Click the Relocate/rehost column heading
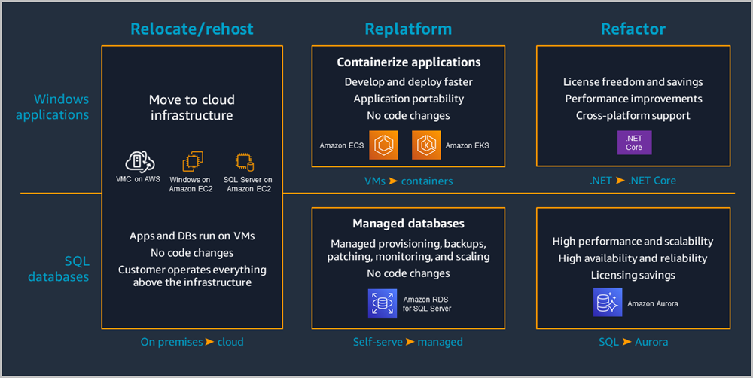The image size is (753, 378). pyautogui.click(x=192, y=29)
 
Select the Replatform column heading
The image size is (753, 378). pyautogui.click(x=408, y=29)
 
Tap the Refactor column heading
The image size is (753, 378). pyautogui.click(x=633, y=29)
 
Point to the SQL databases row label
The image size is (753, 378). pyautogui.click(x=58, y=269)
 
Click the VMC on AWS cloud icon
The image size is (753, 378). pyautogui.click(x=140, y=161)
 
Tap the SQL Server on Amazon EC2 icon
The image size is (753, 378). pyautogui.click(x=245, y=161)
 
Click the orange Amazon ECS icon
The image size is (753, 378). pyautogui.click(x=383, y=145)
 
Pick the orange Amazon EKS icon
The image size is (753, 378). pyautogui.click(x=426, y=145)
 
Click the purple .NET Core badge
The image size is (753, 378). pyautogui.click(x=633, y=142)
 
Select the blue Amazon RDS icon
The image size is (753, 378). pyautogui.click(x=383, y=303)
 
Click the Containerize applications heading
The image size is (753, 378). pyautogui.click(x=408, y=62)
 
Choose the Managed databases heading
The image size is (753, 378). pyautogui.click(x=408, y=224)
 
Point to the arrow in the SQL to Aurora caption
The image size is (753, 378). pyautogui.click(x=626, y=342)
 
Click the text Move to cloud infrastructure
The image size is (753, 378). pyautogui.click(x=192, y=108)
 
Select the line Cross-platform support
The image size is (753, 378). pyautogui.click(x=633, y=116)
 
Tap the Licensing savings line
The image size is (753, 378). pyautogui.click(x=633, y=275)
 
